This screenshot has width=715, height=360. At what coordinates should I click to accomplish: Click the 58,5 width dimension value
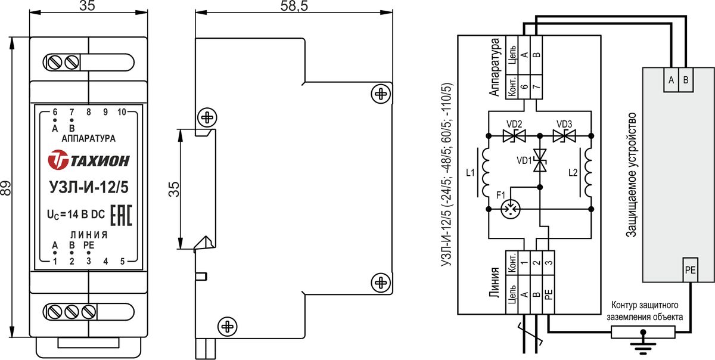point(294,7)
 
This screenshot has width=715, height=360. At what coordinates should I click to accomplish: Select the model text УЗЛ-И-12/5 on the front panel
point(88,187)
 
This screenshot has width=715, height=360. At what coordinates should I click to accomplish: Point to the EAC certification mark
point(121,216)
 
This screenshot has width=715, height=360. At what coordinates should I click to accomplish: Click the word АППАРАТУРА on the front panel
point(88,138)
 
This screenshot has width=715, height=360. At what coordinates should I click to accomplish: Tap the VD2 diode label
point(514,124)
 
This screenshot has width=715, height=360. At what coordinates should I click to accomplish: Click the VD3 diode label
point(564,124)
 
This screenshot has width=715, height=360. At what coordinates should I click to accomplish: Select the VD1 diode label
point(525,160)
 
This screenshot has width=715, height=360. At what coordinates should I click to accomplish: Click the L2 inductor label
point(573,173)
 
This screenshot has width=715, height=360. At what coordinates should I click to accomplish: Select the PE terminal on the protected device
point(690,270)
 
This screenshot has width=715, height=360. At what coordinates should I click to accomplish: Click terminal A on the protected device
point(672,80)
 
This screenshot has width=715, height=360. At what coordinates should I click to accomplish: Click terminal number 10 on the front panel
point(122,111)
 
